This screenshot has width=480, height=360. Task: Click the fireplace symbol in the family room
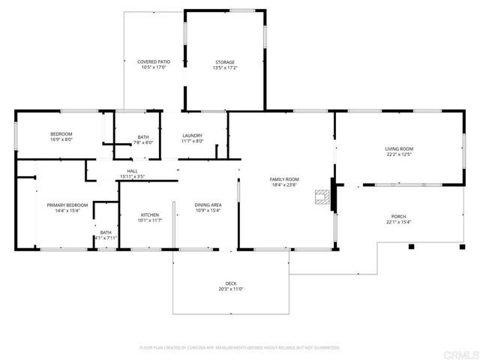point(322,197)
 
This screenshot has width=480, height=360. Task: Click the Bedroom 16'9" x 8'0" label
point(61,136)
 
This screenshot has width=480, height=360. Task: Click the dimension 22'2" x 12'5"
point(399,154)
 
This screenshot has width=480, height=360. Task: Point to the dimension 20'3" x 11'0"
point(231,289)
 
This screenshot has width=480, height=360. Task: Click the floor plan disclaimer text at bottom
point(240,348)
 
